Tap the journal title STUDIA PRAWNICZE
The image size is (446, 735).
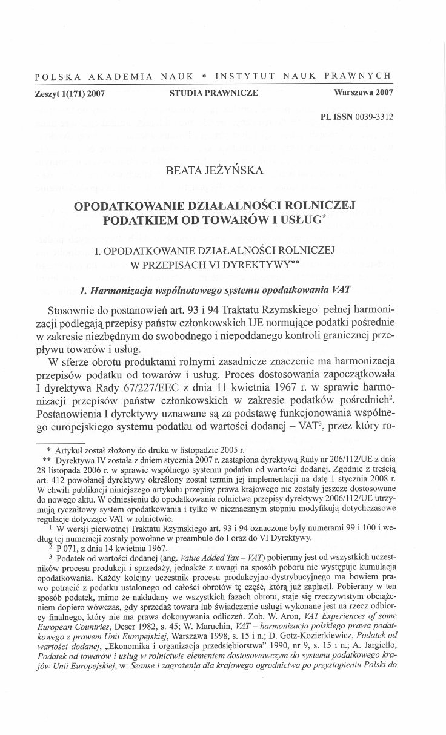point(214,93)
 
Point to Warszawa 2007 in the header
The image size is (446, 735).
point(364,93)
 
